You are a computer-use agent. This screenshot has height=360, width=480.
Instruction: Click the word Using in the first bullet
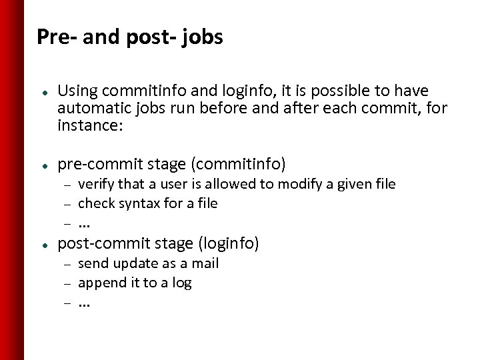tap(77, 90)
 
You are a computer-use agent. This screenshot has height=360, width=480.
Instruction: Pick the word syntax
tap(138, 203)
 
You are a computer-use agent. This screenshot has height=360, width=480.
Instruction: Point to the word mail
tap(205, 263)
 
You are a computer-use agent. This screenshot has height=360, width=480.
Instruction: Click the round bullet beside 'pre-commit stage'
tap(43, 162)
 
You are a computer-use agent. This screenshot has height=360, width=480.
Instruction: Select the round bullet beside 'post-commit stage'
tap(43, 245)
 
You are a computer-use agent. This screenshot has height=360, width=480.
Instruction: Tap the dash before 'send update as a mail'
tap(67, 264)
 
